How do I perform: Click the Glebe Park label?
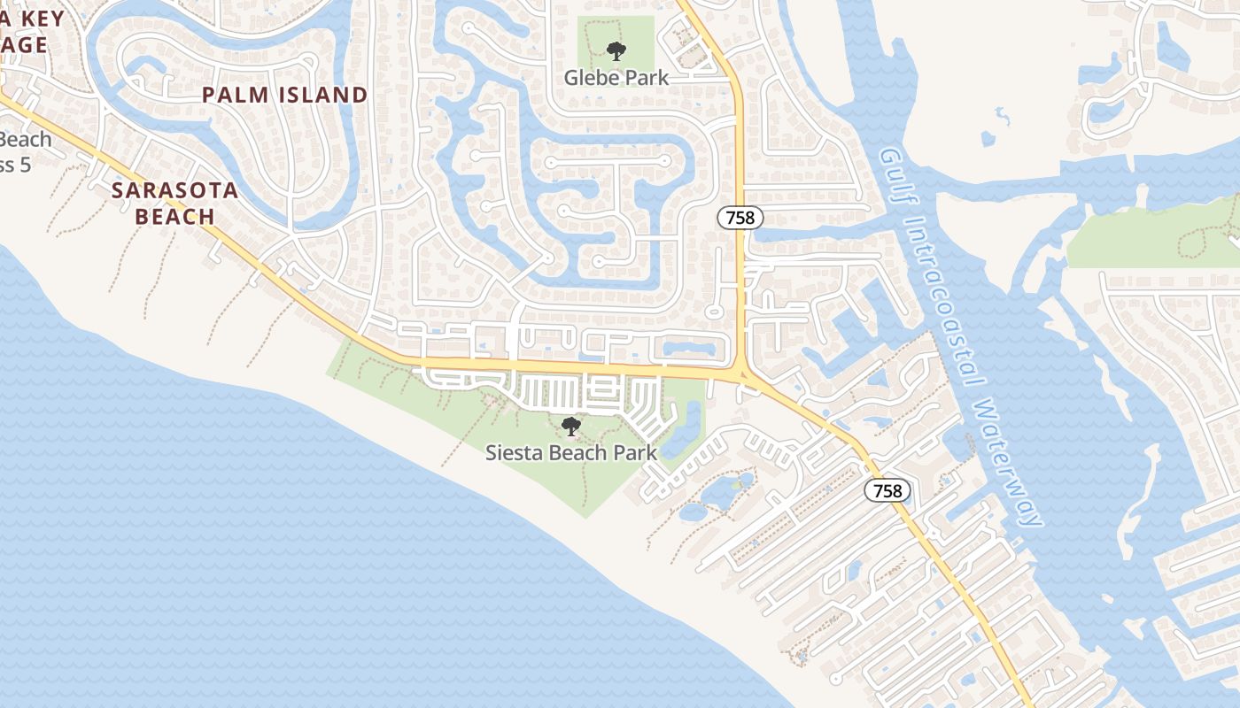pos(616,77)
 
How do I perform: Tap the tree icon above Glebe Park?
pos(616,51)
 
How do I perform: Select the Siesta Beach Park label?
pos(571,452)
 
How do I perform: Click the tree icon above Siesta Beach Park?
pos(571,427)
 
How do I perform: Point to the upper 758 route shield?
pos(740,218)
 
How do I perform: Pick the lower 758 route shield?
pos(887,490)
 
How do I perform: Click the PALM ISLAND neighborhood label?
pos(284,95)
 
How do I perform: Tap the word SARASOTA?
pos(174,190)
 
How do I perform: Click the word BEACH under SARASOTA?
pos(174,216)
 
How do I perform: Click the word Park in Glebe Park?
pos(648,77)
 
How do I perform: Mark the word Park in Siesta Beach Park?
pos(634,452)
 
